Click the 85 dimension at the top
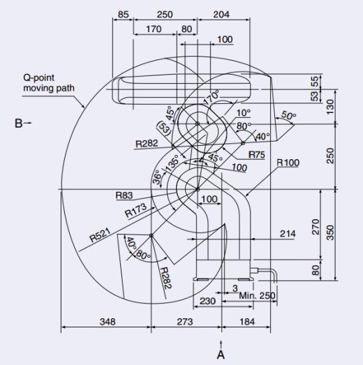click(x=123, y=15)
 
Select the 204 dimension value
click(x=221, y=15)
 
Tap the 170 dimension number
click(x=154, y=29)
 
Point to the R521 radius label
click(x=100, y=235)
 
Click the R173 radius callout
click(x=135, y=210)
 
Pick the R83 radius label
click(x=124, y=195)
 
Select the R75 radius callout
click(x=257, y=154)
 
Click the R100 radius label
click(x=288, y=163)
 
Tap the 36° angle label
click(x=157, y=177)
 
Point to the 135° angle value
click(x=172, y=163)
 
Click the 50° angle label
click(x=288, y=115)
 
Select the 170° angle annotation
click(x=212, y=98)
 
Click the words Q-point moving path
click(x=49, y=83)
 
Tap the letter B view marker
click(x=19, y=123)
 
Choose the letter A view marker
click(x=221, y=355)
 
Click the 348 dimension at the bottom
click(x=108, y=322)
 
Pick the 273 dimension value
click(x=185, y=322)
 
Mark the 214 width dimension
click(x=288, y=234)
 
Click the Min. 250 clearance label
click(x=257, y=296)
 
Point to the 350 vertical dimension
click(x=330, y=232)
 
